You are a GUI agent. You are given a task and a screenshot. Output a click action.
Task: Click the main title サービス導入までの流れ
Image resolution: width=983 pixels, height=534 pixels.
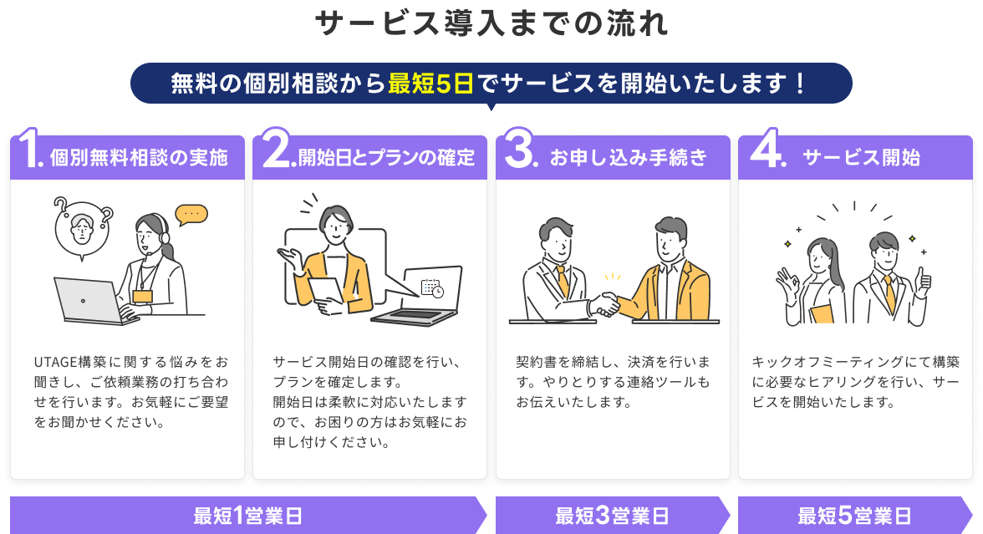[491, 23]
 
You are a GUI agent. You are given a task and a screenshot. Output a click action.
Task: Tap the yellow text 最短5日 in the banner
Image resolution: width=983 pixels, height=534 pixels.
[430, 84]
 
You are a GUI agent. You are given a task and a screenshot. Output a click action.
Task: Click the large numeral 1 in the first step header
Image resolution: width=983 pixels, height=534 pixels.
[28, 148]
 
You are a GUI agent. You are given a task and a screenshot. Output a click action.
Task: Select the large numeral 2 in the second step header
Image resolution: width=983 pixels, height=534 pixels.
[276, 148]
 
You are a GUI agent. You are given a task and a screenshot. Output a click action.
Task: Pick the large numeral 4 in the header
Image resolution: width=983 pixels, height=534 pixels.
[765, 148]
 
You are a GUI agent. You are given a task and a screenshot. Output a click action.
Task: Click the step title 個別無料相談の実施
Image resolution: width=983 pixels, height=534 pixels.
[139, 157]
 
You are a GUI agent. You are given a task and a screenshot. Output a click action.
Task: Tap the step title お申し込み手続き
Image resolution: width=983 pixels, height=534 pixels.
[629, 157]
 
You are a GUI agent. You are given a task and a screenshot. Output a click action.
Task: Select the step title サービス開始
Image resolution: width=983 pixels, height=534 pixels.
[861, 157]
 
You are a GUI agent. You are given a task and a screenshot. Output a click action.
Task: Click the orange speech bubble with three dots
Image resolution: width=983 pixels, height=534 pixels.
[191, 215]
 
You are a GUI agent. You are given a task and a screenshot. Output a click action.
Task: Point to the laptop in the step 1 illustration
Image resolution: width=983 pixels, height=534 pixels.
[94, 302]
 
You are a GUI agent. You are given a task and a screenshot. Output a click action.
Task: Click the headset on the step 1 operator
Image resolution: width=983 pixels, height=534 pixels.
[164, 233]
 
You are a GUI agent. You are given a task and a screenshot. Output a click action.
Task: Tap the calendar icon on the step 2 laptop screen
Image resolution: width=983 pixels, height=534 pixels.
[432, 288]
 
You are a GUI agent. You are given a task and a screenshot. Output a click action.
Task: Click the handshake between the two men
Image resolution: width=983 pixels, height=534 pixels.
[605, 304]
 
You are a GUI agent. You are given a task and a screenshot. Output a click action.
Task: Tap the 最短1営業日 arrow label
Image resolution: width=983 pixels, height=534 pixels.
[248, 516]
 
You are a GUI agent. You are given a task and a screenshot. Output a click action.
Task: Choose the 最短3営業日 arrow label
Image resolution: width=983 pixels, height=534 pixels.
[612, 516]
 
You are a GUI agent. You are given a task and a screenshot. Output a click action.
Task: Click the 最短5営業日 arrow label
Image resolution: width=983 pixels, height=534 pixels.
[854, 516]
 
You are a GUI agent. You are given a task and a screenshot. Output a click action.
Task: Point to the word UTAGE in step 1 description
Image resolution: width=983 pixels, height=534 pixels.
[55, 363]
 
